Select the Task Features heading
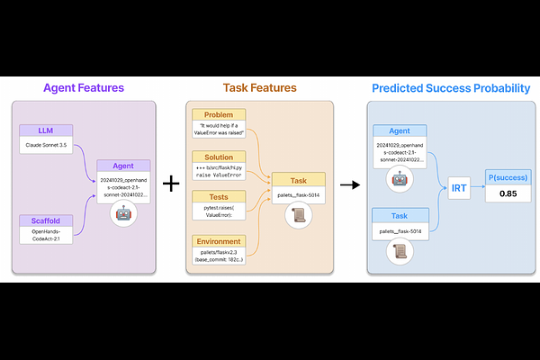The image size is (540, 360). click(259, 88)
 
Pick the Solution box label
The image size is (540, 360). click(218, 157)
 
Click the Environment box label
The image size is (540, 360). click(218, 241)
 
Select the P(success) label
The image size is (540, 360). click(508, 176)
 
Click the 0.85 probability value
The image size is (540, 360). click(508, 193)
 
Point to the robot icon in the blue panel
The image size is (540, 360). click(399, 177)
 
